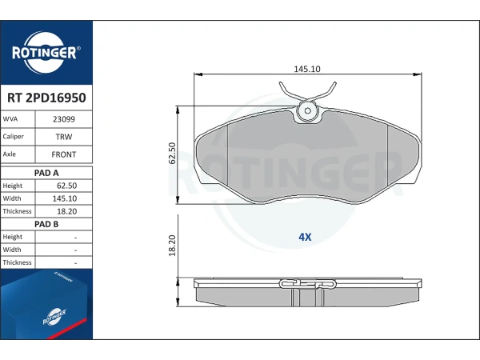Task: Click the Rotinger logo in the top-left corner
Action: [x=46, y=52]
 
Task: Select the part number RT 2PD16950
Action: [x=46, y=98]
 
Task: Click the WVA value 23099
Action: [x=64, y=119]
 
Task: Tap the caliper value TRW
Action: [x=64, y=137]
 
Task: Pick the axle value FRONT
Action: [x=64, y=154]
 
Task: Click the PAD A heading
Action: [x=46, y=173]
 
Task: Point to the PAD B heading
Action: [x=46, y=224]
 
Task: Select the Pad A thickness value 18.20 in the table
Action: [x=66, y=211]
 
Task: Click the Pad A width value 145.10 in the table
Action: [x=65, y=198]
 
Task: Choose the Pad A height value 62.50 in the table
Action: [x=66, y=186]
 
